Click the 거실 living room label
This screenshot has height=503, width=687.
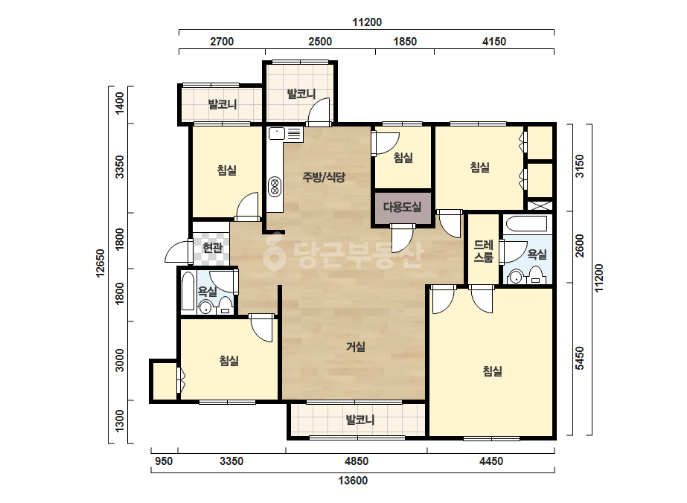coord(355,347)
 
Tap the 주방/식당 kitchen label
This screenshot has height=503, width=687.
coord(324,177)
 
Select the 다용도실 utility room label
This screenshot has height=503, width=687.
coord(402,207)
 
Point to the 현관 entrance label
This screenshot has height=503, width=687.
coord(212,248)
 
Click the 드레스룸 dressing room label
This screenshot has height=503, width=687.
coord(484,251)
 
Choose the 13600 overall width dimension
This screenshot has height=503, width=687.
coord(353,481)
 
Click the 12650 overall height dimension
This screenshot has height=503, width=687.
coord(100,263)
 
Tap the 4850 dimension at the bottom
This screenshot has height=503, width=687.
coord(357,461)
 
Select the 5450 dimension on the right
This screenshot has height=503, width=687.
coord(580,359)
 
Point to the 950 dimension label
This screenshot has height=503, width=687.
coord(164,461)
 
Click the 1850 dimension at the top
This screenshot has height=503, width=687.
coord(405,42)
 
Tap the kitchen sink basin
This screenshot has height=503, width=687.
coord(277,133)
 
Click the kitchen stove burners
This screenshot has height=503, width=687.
coord(275,186)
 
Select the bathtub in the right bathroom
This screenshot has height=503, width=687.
coord(526,223)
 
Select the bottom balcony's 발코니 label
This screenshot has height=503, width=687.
coord(360,420)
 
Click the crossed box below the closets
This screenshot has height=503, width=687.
coord(540,205)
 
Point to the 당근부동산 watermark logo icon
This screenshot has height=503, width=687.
coord(274,253)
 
